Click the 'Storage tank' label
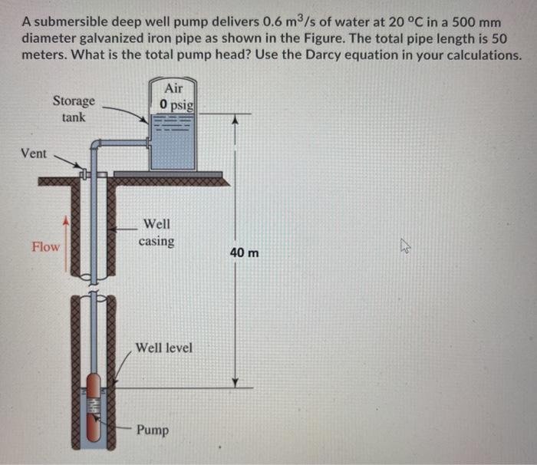tap(74, 108)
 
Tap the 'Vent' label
tap(34, 153)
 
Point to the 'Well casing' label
tap(156, 232)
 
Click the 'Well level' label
tap(164, 348)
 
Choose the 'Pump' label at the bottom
tap(153, 430)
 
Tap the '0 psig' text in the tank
tap(176, 104)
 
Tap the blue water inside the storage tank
tap(174, 146)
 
